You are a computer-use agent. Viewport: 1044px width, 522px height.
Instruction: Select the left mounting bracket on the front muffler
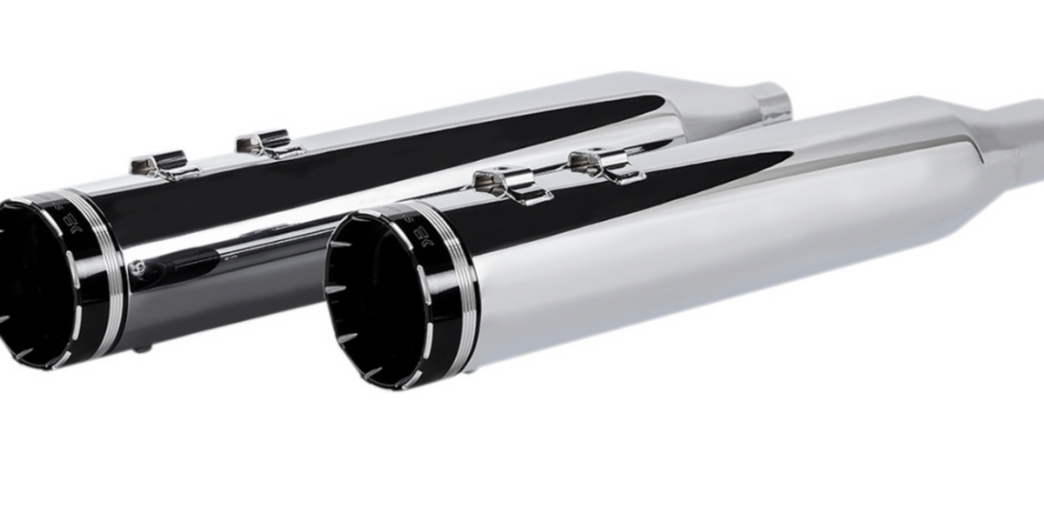coord(503,184)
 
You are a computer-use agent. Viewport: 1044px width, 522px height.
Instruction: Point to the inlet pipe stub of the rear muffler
coord(773,102)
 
